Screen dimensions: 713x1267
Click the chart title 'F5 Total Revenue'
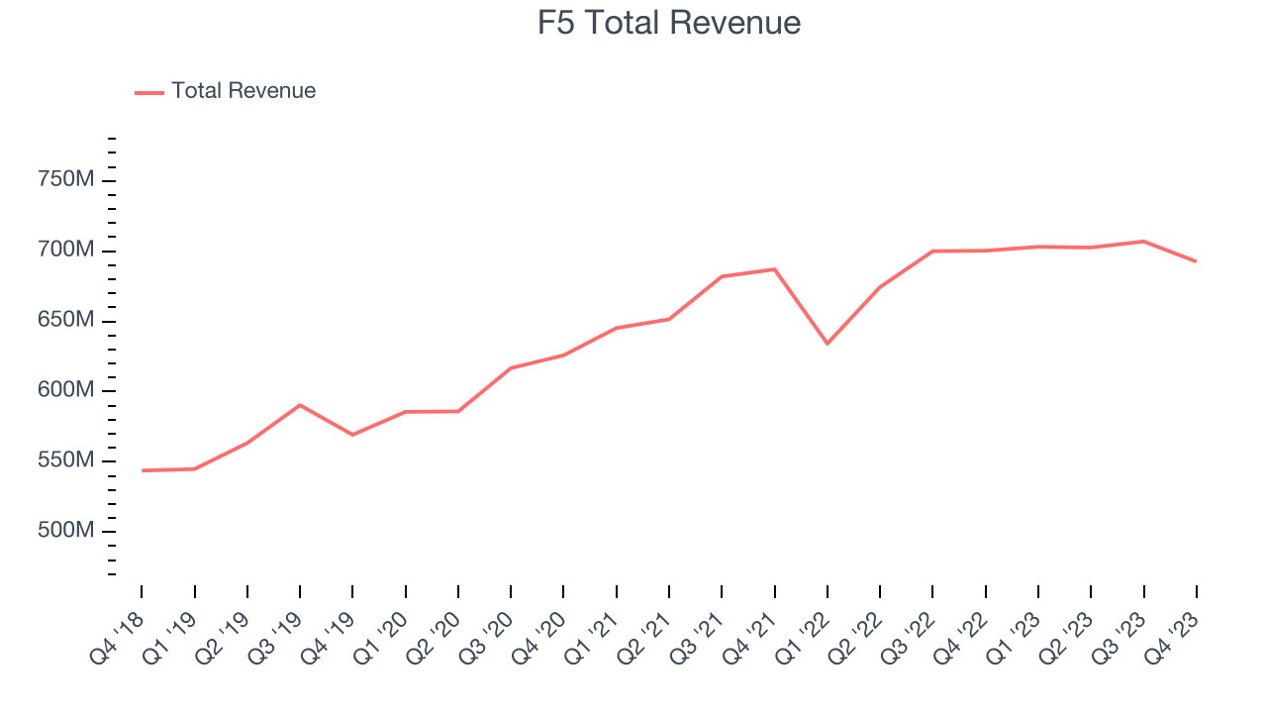point(669,23)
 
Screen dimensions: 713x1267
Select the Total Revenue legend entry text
point(244,91)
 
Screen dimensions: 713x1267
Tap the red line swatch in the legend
point(149,92)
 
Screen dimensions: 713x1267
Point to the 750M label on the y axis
point(65,180)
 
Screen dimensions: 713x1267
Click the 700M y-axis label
point(65,251)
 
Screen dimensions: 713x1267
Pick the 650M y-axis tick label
point(65,321)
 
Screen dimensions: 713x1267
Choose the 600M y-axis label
point(65,391)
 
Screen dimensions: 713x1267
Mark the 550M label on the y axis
point(65,461)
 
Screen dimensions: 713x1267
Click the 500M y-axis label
point(65,532)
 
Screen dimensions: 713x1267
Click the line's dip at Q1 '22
point(828,344)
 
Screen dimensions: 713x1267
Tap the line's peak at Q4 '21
point(775,269)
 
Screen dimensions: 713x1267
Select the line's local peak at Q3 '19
point(300,405)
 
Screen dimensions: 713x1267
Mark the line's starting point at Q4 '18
point(142,470)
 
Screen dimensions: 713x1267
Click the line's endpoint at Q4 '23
point(1196,261)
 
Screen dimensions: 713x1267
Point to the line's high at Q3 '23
point(1143,241)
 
